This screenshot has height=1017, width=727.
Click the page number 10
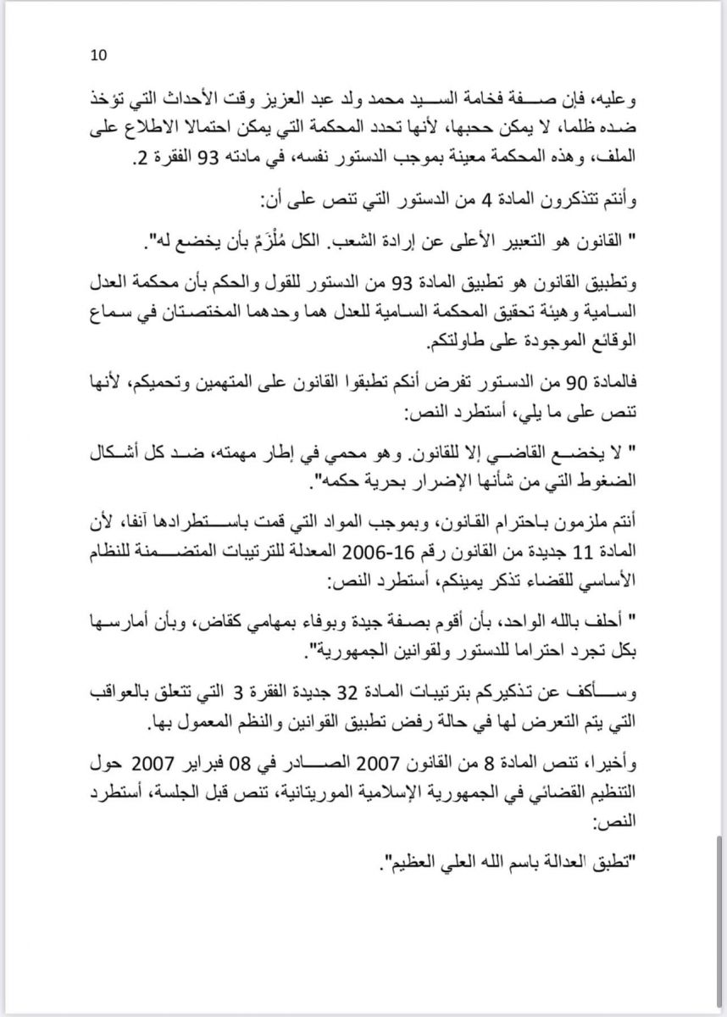(98, 56)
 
